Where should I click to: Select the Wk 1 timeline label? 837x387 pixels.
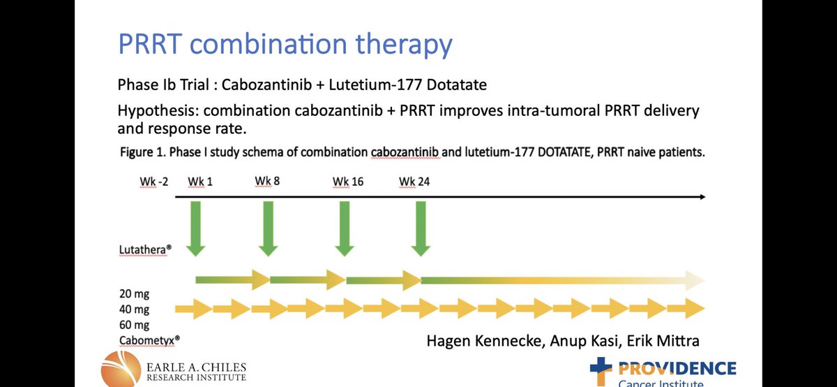(200, 182)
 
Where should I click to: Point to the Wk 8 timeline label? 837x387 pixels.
(267, 182)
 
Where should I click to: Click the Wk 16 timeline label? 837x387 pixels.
(348, 182)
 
